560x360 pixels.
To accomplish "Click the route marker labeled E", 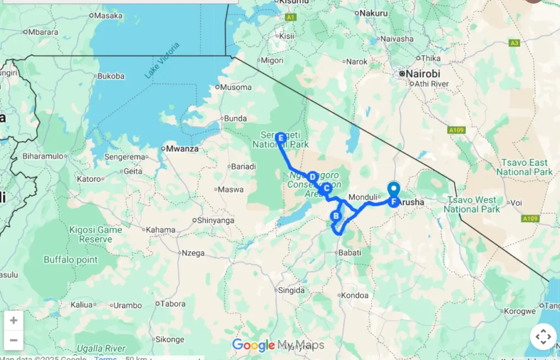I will pyautogui.click(x=281, y=138).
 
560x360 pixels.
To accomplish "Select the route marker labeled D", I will pyautogui.click(x=312, y=177).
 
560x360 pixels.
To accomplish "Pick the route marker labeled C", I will pyautogui.click(x=325, y=188).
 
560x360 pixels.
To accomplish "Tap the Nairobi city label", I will pyautogui.click(x=423, y=73).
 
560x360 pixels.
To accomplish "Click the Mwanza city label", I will pyautogui.click(x=183, y=148).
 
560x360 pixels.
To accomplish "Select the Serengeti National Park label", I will pyautogui.click(x=280, y=140).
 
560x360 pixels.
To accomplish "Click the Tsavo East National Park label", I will pyautogui.click(x=525, y=167).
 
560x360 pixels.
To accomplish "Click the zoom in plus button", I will pyautogui.click(x=14, y=321).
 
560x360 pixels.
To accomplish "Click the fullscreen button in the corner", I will pyautogui.click(x=543, y=336).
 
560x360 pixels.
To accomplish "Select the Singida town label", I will pyautogui.click(x=291, y=291).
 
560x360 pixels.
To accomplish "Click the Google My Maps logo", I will pyautogui.click(x=278, y=345).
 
